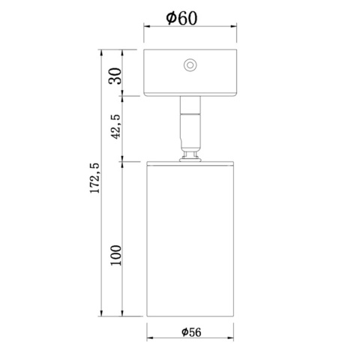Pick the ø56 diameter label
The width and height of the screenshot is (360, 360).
click(x=192, y=332)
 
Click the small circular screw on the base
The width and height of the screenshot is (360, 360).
click(x=190, y=65)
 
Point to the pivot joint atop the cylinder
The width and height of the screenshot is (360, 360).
click(x=191, y=155)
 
